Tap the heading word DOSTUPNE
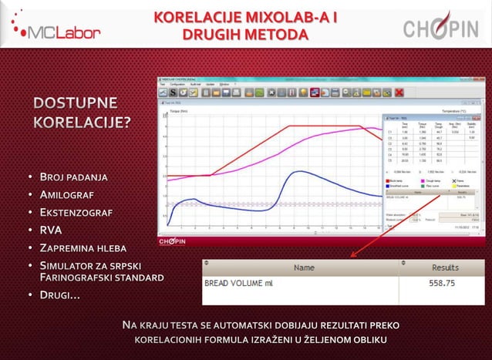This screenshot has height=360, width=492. tap(75, 104)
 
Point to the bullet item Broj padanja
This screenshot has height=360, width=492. tap(73, 178)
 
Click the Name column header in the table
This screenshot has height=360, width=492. tap(304, 267)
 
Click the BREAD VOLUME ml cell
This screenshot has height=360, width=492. tap(238, 283)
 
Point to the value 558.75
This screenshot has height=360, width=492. tap(444, 283)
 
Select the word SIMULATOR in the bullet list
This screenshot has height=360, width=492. tap(71, 265)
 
